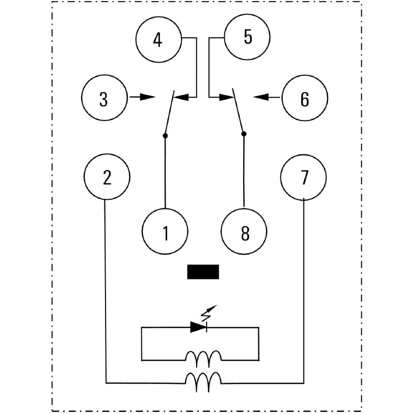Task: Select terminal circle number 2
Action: coord(107,178)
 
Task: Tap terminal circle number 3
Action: coord(104,98)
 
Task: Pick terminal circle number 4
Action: coord(158,39)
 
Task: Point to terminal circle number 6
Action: coord(304,98)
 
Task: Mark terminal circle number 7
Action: coord(303,178)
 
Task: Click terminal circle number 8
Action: coord(244,233)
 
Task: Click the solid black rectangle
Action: coord(203,272)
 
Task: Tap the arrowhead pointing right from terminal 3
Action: coord(149,97)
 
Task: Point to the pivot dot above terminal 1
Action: coord(165,136)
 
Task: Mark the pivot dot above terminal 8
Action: coord(244,134)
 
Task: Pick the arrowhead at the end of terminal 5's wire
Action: coord(225,97)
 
